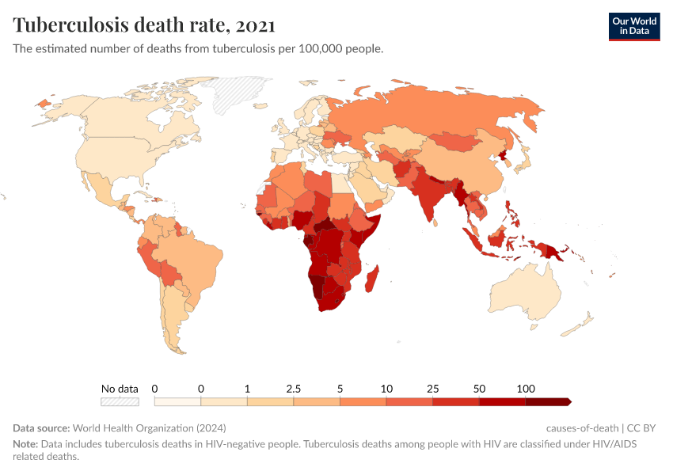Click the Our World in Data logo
click(x=633, y=26)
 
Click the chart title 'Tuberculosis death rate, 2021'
click(x=144, y=25)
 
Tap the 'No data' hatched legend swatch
click(x=120, y=401)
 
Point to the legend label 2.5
click(x=293, y=389)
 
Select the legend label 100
click(x=525, y=389)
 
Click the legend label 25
click(x=432, y=389)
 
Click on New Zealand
click(x=584, y=322)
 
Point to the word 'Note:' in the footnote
click(x=25, y=444)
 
